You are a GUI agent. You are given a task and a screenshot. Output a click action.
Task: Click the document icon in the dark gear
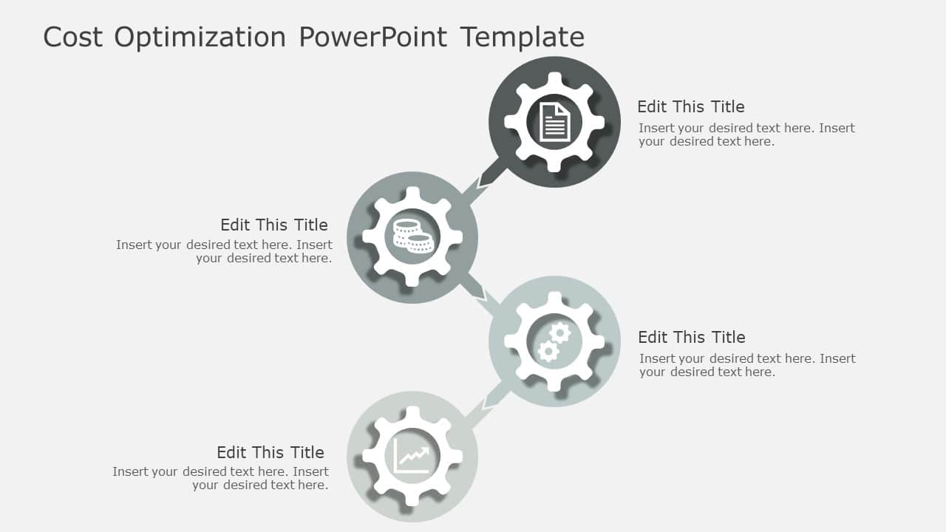tap(554, 122)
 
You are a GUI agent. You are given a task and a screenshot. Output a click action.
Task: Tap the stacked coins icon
tap(412, 236)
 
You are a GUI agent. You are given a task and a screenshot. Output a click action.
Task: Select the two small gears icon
tap(554, 341)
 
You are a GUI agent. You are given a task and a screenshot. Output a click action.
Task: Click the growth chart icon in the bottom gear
tap(412, 456)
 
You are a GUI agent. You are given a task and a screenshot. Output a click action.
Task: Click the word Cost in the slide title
tap(72, 37)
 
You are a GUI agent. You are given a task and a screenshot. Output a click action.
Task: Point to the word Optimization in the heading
tap(200, 37)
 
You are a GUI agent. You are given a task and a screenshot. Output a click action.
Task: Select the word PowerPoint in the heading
tap(373, 37)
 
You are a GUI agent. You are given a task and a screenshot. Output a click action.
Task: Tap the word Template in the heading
tap(522, 37)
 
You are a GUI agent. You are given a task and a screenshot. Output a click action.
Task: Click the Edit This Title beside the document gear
tap(690, 106)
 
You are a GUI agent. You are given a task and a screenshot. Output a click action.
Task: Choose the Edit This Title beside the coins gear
tap(273, 225)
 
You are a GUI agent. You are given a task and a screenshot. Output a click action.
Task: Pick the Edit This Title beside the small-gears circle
tap(691, 337)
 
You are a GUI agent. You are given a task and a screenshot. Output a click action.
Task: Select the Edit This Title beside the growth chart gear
tap(270, 452)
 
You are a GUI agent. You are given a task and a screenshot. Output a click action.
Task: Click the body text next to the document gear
tap(746, 134)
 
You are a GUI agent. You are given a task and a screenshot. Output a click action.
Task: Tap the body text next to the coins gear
tap(225, 251)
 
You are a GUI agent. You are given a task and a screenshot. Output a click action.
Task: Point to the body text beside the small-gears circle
tap(747, 365)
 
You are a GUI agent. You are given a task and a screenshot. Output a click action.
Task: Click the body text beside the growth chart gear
tap(221, 478)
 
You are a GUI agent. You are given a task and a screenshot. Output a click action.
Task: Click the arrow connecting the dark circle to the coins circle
tap(487, 178)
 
